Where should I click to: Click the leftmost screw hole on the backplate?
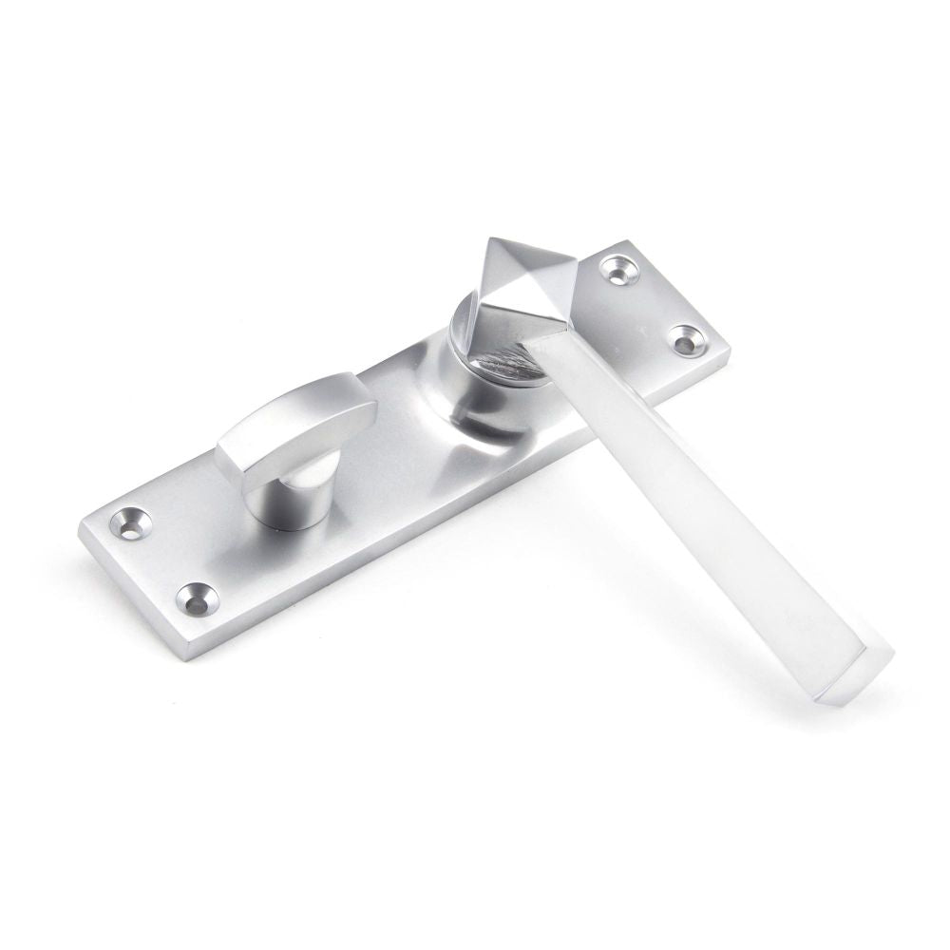pos(130,521)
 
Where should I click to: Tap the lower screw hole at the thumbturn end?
pos(197,598)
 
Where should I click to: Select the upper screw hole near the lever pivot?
pos(619,270)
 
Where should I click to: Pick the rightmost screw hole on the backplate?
pos(689,339)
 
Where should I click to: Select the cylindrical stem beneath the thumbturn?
pos(289,494)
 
